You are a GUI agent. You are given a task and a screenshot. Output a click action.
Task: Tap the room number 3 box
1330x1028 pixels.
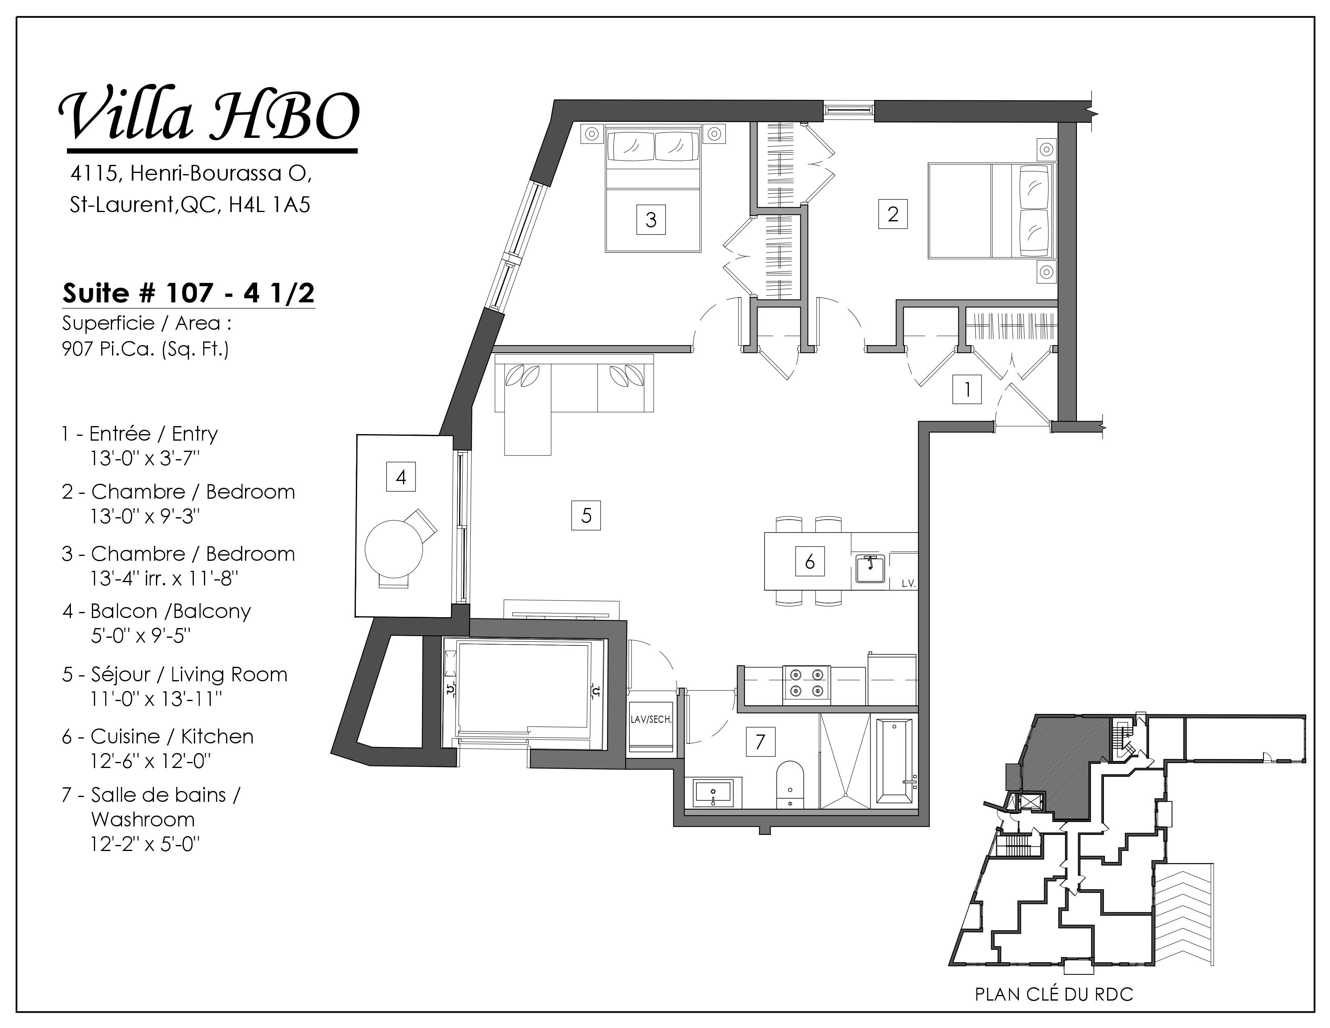[x=651, y=219]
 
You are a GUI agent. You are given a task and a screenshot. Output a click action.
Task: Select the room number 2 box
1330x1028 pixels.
[x=893, y=214]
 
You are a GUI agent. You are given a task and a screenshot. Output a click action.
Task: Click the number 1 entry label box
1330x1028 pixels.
[x=967, y=389]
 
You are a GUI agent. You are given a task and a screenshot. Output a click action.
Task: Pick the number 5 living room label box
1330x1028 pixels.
[x=586, y=515]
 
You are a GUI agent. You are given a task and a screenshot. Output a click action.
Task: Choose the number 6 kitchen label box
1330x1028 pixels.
[x=810, y=561]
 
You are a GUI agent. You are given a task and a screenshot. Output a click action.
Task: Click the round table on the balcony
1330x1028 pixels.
[x=393, y=548]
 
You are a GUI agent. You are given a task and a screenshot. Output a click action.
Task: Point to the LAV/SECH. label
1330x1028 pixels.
[x=651, y=719]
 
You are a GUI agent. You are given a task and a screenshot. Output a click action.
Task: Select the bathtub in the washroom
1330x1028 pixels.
[x=894, y=761]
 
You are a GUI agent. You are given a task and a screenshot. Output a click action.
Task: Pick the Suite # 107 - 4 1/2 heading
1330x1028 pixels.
[x=188, y=293]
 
